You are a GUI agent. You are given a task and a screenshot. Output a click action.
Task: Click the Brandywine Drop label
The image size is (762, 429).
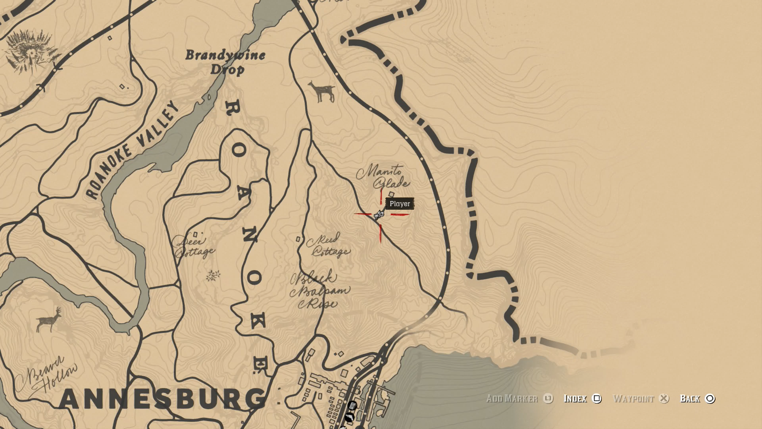(x=225, y=62)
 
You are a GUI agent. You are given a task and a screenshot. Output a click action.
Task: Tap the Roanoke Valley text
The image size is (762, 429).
(x=132, y=150)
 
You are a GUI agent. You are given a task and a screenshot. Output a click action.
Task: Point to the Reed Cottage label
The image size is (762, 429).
(x=329, y=245)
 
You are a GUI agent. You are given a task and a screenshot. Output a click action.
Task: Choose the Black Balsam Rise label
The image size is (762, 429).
(x=319, y=291)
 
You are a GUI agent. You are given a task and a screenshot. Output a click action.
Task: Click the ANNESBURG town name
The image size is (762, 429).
(x=163, y=398)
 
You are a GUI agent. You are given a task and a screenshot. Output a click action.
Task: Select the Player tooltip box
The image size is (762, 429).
(x=400, y=204)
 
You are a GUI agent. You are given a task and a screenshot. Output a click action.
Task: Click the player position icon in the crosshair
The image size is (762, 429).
(x=379, y=215)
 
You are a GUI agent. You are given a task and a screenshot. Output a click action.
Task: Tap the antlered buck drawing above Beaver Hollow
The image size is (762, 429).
(x=49, y=320)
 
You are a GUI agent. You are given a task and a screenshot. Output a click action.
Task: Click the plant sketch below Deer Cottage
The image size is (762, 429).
(x=213, y=275)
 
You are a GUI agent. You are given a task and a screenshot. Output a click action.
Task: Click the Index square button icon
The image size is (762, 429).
(x=597, y=398)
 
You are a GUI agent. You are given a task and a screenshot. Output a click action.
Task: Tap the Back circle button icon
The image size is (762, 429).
(x=710, y=398)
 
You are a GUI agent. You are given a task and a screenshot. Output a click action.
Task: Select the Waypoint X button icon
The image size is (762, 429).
(x=664, y=398)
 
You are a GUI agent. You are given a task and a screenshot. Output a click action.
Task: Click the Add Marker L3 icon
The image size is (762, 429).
(x=548, y=398)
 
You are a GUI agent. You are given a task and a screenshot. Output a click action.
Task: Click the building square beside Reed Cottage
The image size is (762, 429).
(x=298, y=239)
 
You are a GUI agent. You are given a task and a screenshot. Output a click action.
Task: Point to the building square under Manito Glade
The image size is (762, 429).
(x=391, y=194)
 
